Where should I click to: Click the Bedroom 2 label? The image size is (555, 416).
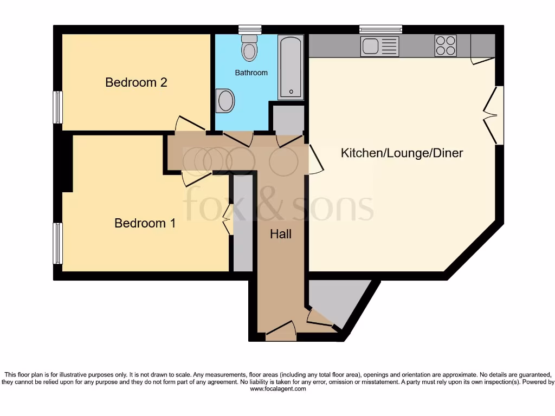coord(136,82)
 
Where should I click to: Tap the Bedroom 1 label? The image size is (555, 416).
coord(145,223)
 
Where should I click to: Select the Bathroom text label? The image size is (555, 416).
coord(251,73)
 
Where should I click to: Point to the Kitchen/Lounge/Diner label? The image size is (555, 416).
coord(402,153)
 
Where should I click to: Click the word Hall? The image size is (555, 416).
coord(281,234)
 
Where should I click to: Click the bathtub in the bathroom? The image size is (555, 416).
coord(291,68)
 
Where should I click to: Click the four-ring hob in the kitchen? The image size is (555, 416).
coord(446,45)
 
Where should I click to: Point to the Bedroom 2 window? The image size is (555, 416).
coord(57,107)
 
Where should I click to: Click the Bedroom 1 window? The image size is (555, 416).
coord(57,243)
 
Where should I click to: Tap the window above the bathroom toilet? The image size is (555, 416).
coord(249,29)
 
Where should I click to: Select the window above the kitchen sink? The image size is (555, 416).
coord(380,29)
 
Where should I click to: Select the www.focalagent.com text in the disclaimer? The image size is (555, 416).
coord(277,389)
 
